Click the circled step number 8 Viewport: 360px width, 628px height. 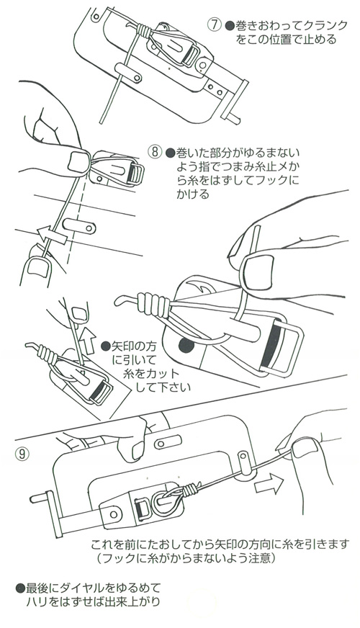point(155,152)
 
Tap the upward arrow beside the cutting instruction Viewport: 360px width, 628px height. point(88,341)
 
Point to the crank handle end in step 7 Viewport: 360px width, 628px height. point(233,117)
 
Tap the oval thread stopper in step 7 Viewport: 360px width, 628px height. point(127,73)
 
